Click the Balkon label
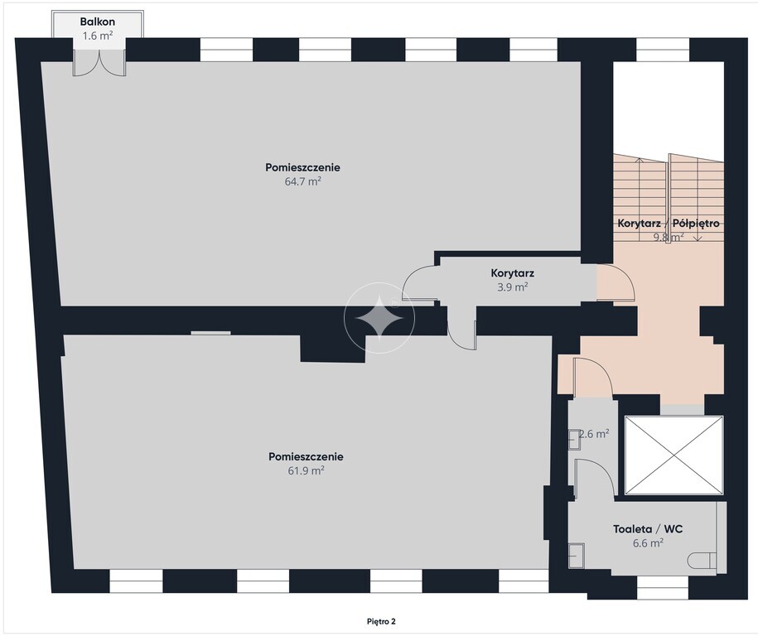(98, 22)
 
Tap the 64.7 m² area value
(303, 181)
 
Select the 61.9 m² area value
(306, 470)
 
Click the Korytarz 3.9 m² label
(513, 280)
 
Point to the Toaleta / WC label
(648, 528)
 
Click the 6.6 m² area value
(648, 542)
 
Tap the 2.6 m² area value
(594, 434)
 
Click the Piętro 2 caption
(381, 621)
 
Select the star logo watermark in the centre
(379, 318)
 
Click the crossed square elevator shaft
(674, 455)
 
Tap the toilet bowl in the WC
(701, 561)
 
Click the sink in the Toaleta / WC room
(577, 556)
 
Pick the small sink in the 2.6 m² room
(574, 439)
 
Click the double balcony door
(99, 62)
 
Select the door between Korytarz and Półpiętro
(616, 282)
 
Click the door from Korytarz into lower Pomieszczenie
(461, 329)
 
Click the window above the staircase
(663, 50)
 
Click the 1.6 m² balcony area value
(98, 36)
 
